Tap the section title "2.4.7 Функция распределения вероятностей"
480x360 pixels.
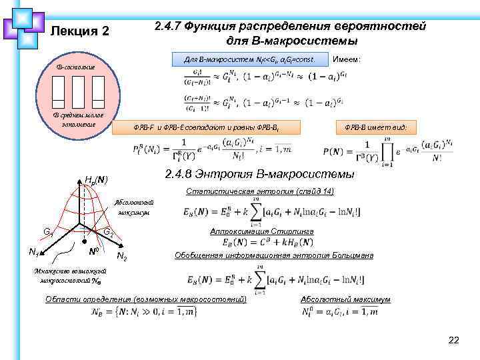point(289,27)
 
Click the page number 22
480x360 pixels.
point(454,341)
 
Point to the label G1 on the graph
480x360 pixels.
point(49,232)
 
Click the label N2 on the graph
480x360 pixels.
point(122,255)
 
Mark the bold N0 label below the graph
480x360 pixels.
point(95,252)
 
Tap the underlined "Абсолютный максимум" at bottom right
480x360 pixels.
point(345,299)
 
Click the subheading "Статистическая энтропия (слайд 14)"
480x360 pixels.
point(260,191)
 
